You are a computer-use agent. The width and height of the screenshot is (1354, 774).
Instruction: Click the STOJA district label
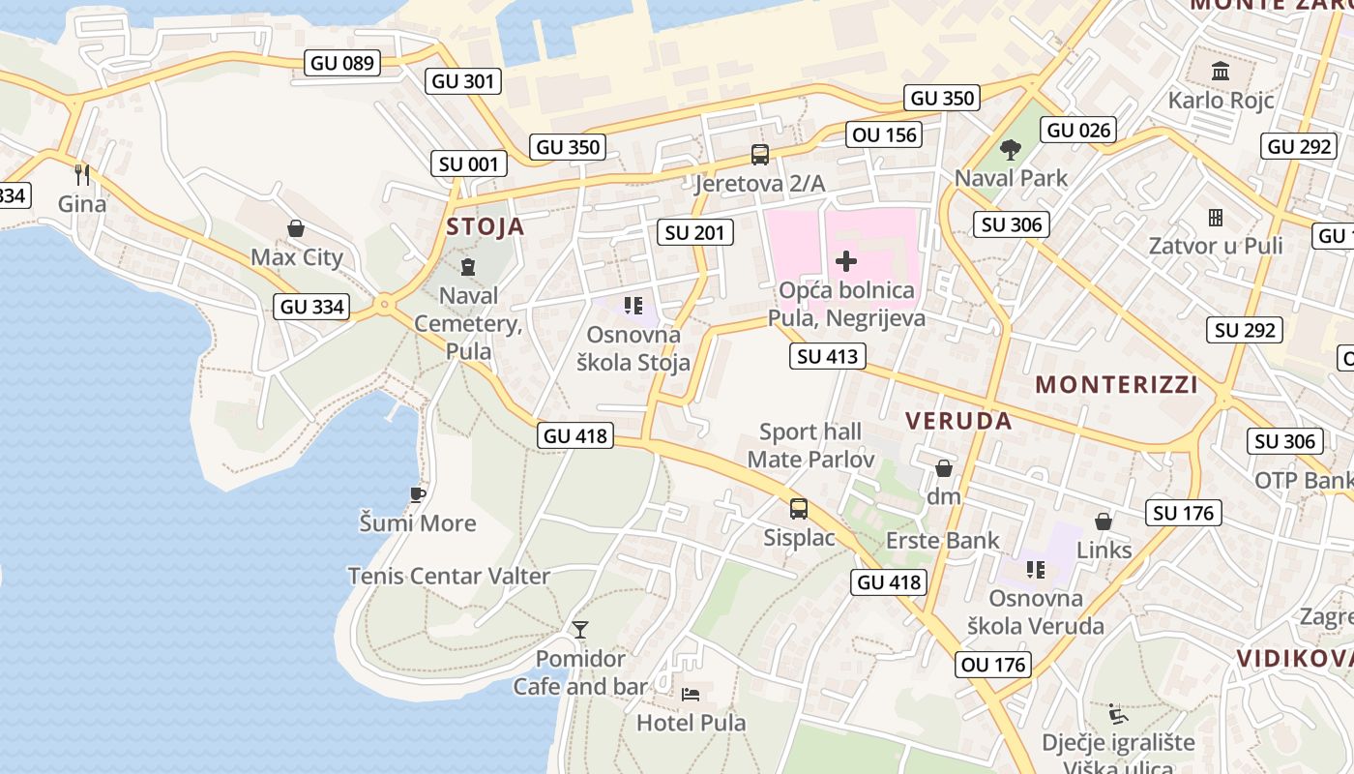(485, 227)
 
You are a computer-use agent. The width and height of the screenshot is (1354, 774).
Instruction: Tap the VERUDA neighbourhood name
(958, 421)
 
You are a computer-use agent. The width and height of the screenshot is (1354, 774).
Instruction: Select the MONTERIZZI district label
(1116, 385)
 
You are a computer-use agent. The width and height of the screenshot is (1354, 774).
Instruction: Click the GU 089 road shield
(341, 64)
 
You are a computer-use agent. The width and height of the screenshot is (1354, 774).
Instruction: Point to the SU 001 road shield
(469, 164)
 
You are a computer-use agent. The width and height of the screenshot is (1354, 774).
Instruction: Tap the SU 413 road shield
(827, 356)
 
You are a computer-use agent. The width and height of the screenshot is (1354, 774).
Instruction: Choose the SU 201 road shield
(694, 232)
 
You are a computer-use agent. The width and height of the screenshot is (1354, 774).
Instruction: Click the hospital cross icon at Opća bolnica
(846, 260)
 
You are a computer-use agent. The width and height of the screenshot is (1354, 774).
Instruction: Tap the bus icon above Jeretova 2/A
(760, 155)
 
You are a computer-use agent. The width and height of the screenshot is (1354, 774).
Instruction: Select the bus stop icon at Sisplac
(799, 509)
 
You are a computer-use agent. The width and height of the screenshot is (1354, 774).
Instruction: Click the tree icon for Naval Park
(1011, 150)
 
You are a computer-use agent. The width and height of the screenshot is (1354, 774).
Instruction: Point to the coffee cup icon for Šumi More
(418, 494)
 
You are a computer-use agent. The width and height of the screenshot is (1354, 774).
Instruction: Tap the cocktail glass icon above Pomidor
(580, 630)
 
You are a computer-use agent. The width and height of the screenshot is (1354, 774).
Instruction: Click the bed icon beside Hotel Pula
(691, 695)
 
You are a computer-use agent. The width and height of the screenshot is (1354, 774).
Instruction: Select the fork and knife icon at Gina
(82, 175)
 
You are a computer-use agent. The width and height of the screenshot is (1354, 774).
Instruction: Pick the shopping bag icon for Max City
(296, 228)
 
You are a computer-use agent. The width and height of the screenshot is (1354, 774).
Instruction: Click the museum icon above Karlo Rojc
(1221, 72)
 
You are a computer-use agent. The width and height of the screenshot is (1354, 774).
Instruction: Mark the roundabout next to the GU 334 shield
(385, 305)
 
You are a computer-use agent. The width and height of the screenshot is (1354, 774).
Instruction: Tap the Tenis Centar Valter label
(449, 576)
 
